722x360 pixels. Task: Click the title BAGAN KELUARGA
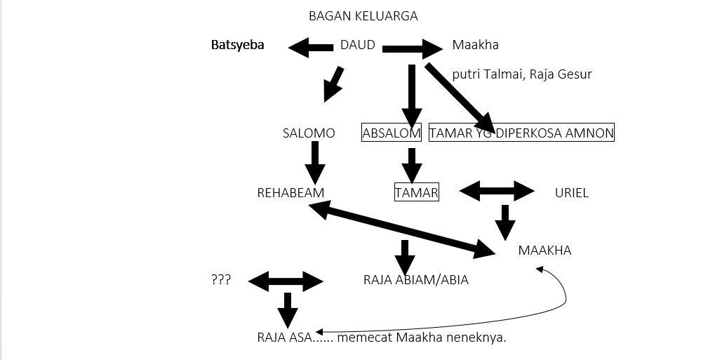[363, 16]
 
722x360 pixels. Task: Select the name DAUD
[357, 46]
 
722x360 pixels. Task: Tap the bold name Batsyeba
[238, 46]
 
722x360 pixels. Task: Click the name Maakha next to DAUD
[475, 46]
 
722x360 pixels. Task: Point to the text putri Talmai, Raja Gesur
[522, 74]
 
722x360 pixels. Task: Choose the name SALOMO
[308, 133]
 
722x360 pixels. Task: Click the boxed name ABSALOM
[392, 133]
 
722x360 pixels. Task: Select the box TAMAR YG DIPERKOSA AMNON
[521, 133]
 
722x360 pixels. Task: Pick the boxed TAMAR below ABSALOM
[417, 192]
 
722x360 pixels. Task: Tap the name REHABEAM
[290, 193]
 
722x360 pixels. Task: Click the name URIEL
[571, 193]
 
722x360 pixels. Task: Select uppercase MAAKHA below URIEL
[544, 251]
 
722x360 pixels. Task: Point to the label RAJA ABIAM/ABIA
[415, 280]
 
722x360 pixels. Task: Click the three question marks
[220, 280]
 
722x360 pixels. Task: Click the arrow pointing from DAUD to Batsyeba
[310, 48]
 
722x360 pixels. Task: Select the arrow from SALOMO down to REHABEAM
[314, 162]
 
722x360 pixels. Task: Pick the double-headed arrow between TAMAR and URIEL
[497, 190]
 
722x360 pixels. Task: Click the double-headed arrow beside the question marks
[286, 282]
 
